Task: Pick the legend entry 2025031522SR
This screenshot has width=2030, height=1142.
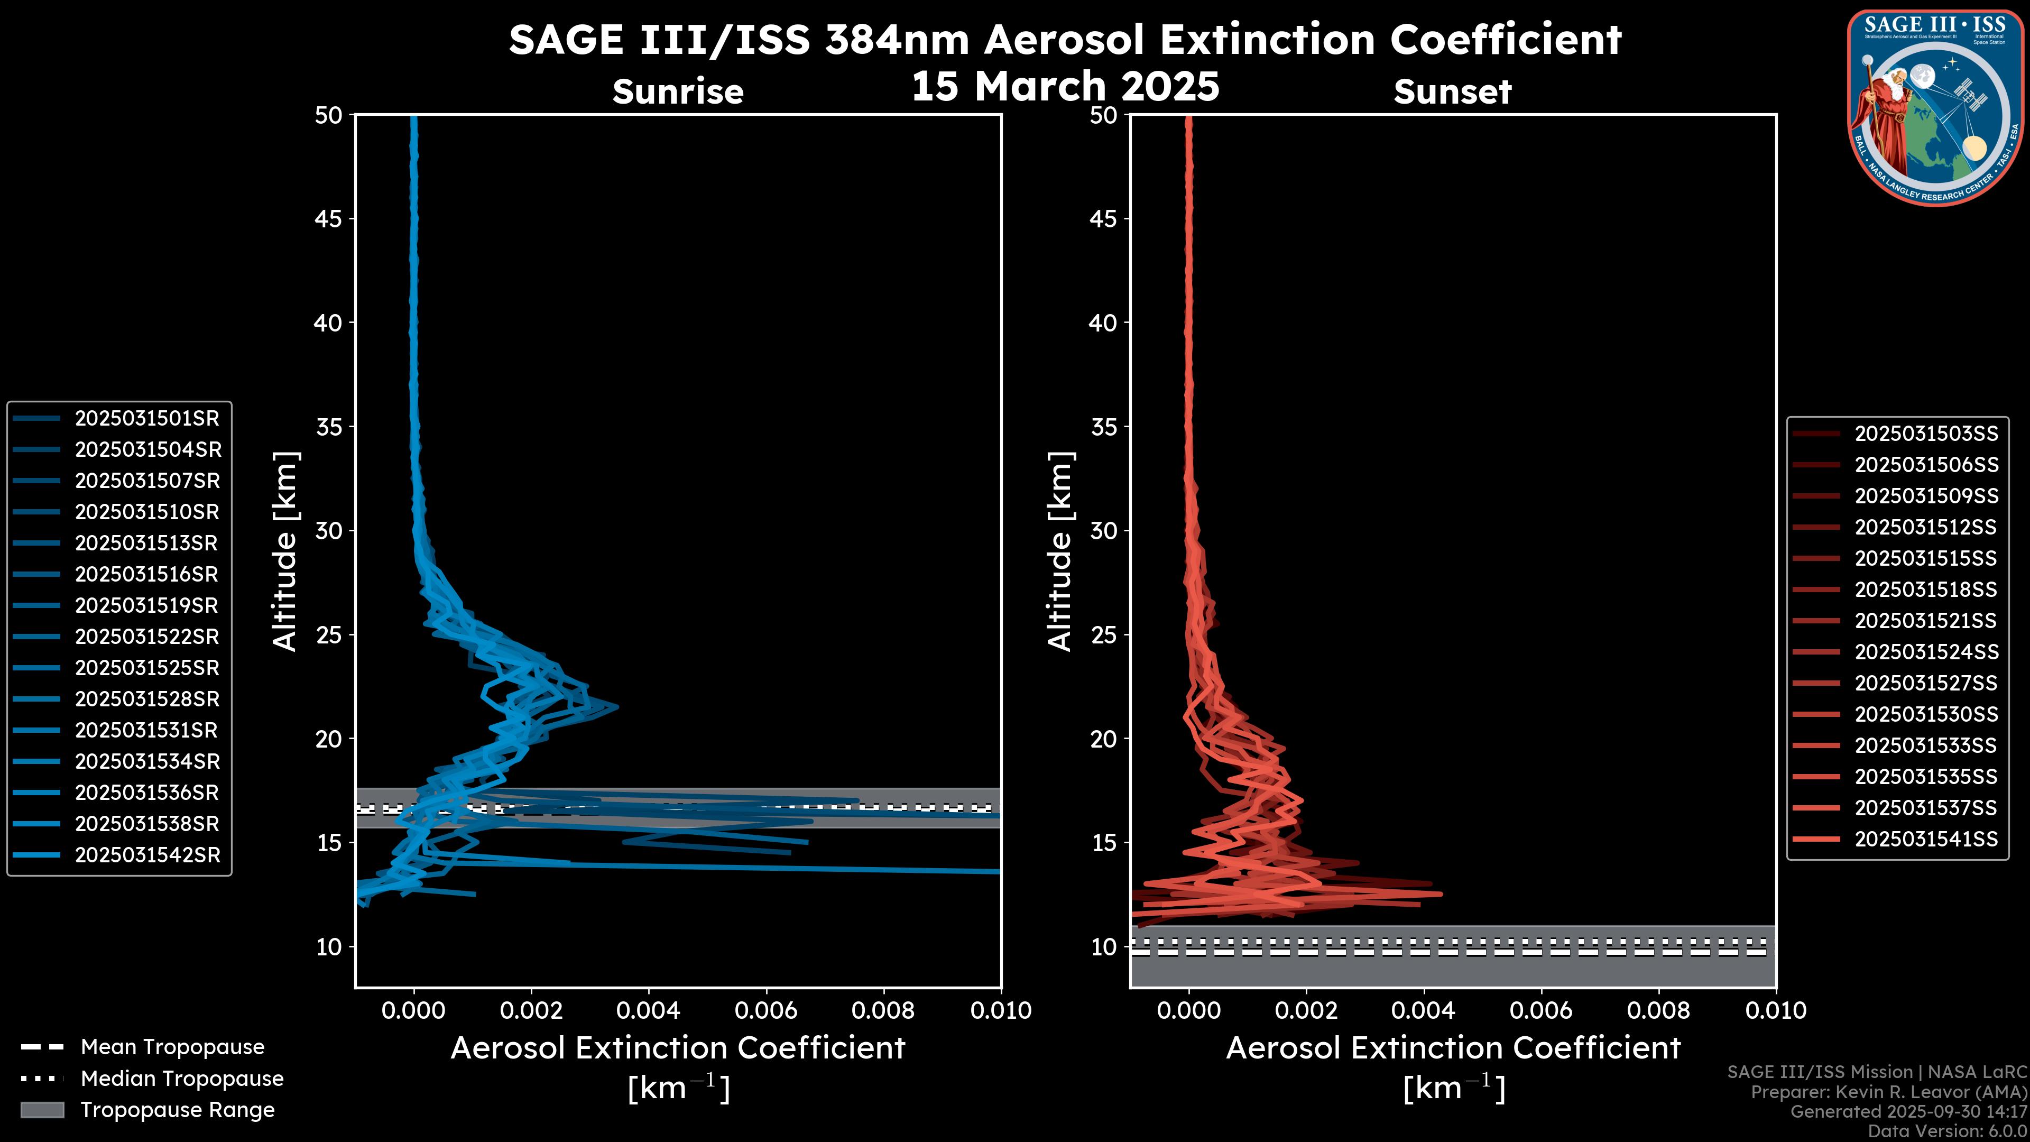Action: tap(146, 637)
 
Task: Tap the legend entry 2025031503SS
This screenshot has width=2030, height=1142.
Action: tap(1926, 434)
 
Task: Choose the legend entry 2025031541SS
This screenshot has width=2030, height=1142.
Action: tap(1926, 840)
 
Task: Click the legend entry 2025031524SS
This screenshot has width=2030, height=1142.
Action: tap(1926, 652)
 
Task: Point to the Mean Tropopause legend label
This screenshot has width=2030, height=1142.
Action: tap(172, 1047)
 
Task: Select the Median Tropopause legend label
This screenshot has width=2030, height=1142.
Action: tap(182, 1079)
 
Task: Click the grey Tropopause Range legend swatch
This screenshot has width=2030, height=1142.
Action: tap(42, 1110)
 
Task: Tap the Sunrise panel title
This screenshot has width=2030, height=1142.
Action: tap(678, 92)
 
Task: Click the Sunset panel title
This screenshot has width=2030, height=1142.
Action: tap(1452, 92)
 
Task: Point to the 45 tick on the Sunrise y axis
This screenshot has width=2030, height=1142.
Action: tap(329, 219)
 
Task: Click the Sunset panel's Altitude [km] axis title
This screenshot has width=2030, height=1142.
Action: tap(1060, 551)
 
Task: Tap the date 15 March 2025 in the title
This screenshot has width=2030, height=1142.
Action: tap(1065, 87)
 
